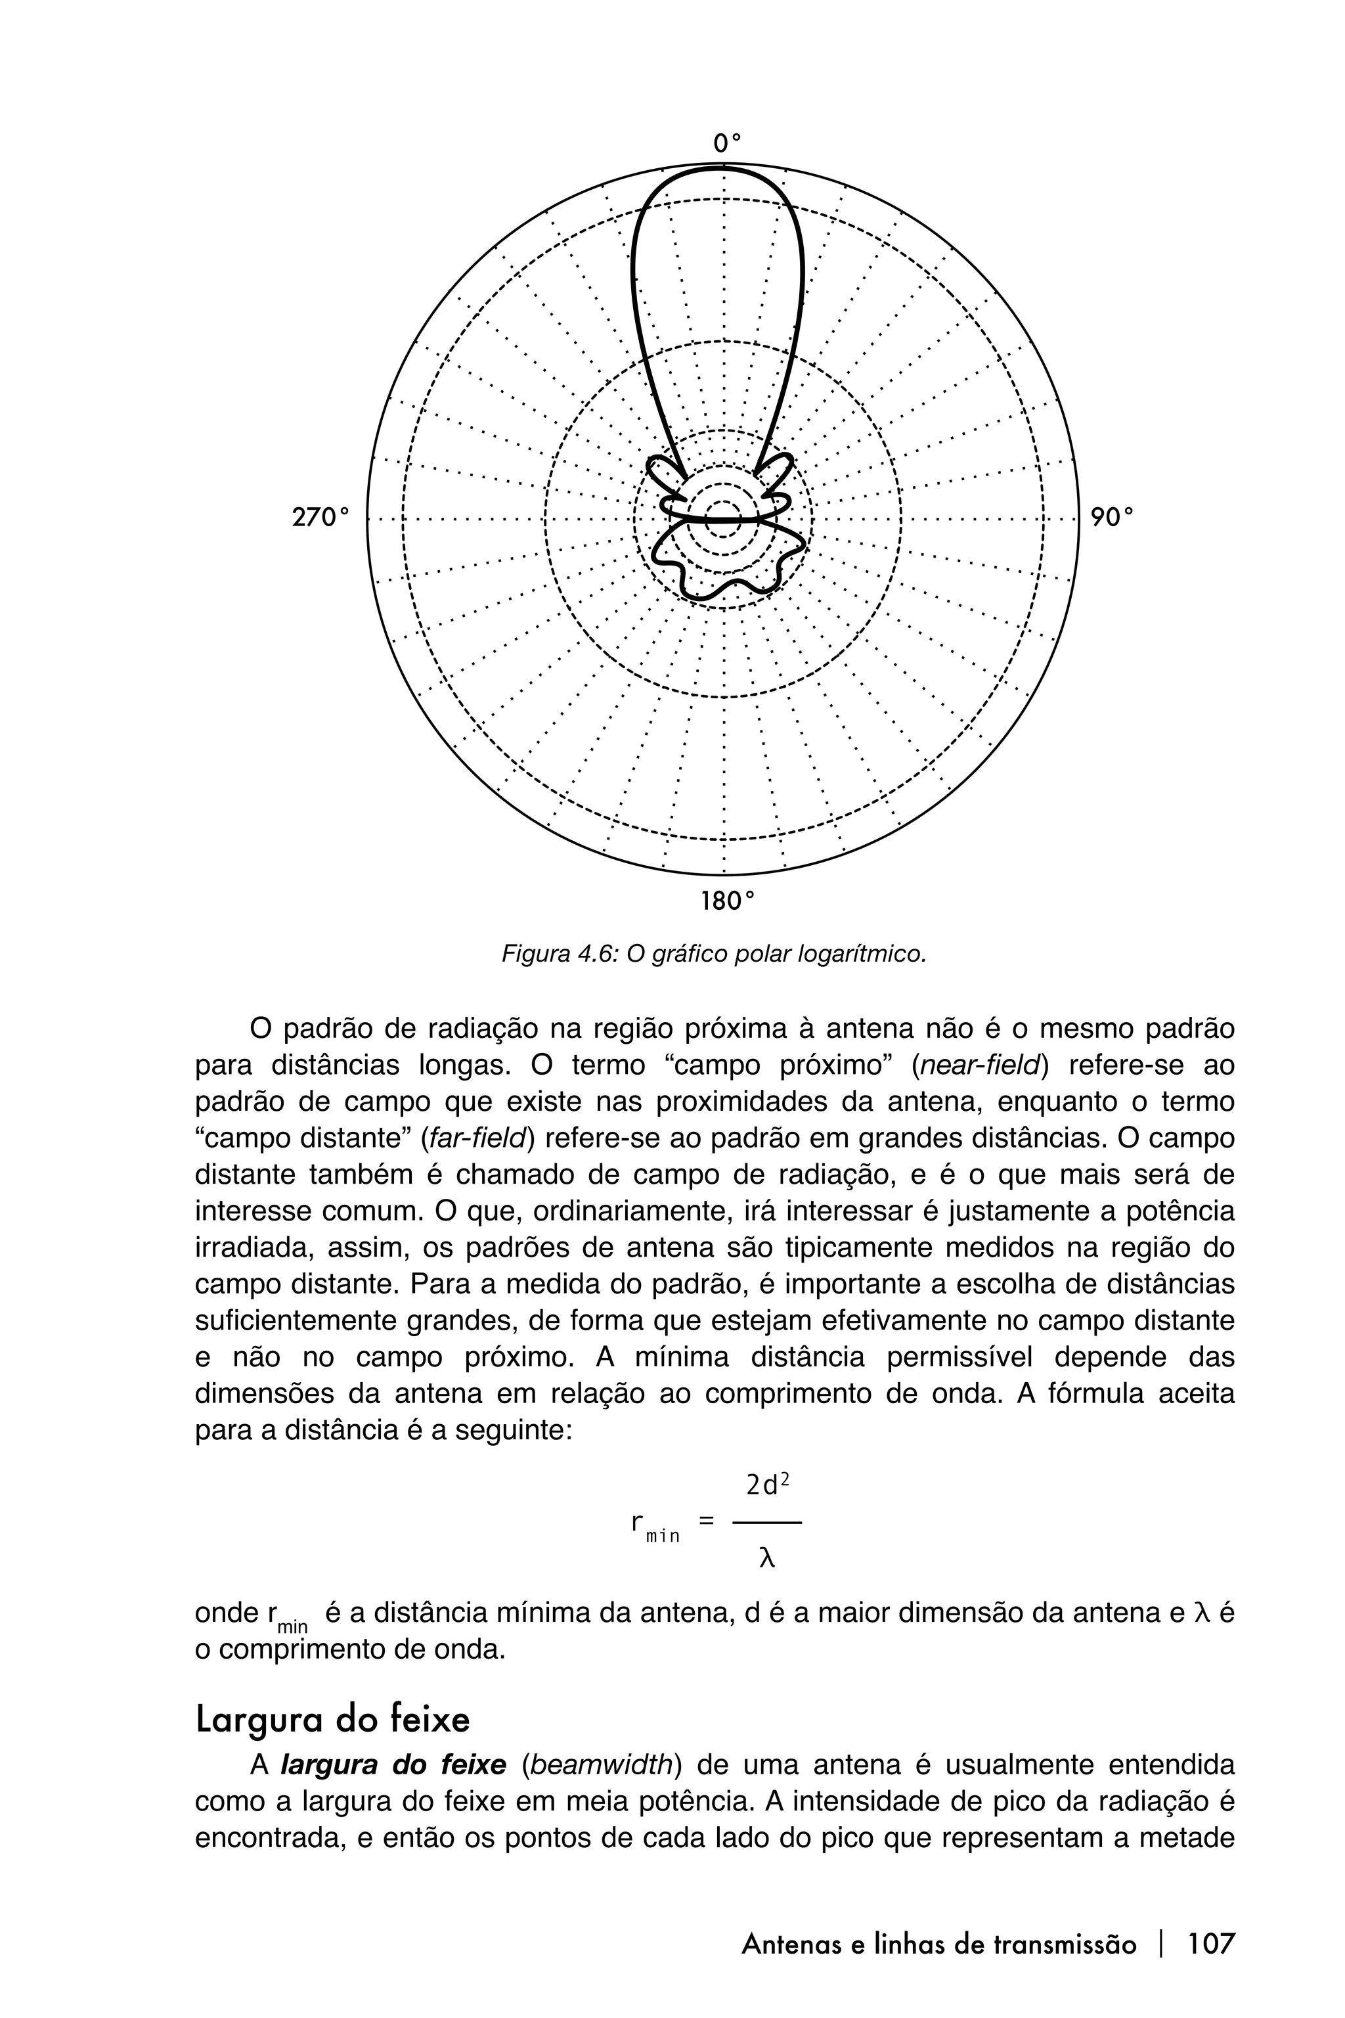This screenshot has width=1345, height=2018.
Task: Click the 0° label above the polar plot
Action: (726, 143)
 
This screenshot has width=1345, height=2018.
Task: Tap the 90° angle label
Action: (1112, 518)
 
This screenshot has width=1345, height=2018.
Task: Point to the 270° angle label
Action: (320, 518)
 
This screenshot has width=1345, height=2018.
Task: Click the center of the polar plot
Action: (723, 518)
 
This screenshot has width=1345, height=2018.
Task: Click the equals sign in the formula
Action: (706, 1520)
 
